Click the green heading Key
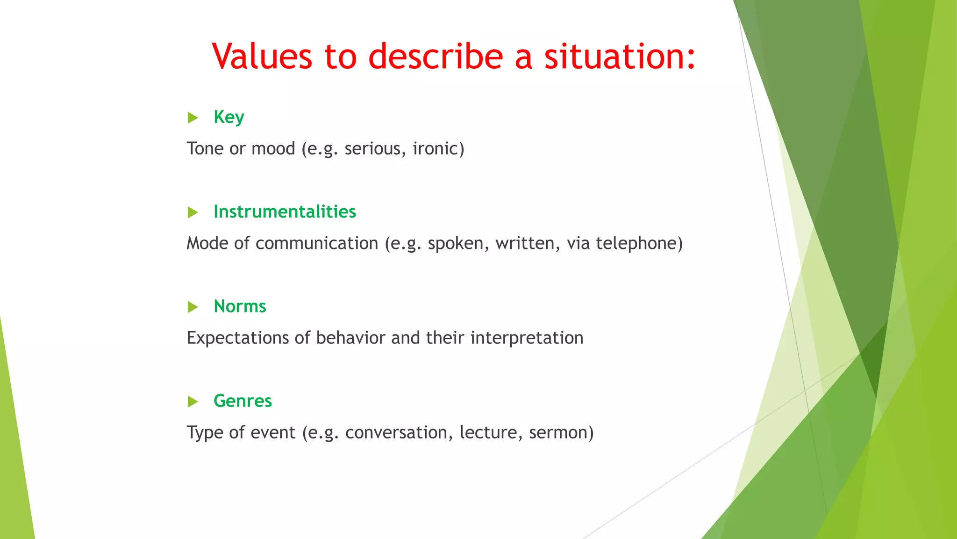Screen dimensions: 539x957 pyautogui.click(x=229, y=117)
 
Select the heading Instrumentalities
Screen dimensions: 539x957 pyautogui.click(x=285, y=211)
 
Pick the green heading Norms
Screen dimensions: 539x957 pyautogui.click(x=240, y=306)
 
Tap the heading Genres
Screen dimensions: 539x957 pyautogui.click(x=243, y=401)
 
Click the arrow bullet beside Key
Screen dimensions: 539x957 pyautogui.click(x=193, y=117)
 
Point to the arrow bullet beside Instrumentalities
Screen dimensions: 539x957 pyautogui.click(x=193, y=212)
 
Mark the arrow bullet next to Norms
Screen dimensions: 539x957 pyautogui.click(x=193, y=307)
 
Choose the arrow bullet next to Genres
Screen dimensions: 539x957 pyautogui.click(x=193, y=401)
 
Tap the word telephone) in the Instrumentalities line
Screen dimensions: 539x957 pyautogui.click(x=639, y=243)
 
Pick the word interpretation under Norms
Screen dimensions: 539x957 pyautogui.click(x=527, y=338)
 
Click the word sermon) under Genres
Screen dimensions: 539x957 pyautogui.click(x=561, y=432)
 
